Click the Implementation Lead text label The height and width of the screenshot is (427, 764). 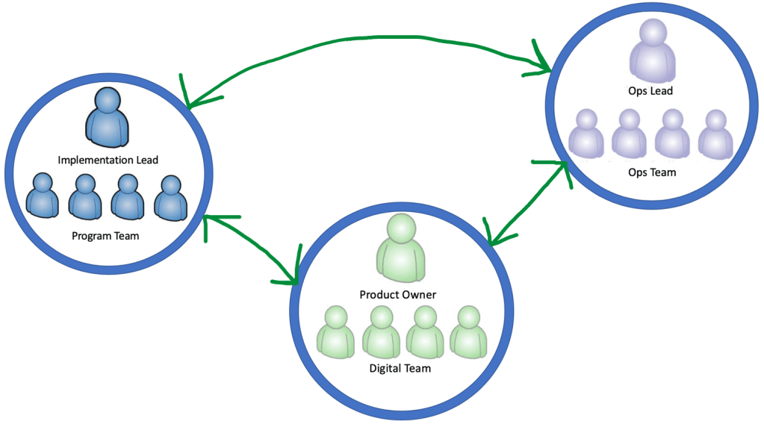pos(108,160)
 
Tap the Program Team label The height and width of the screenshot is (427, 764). pos(105,236)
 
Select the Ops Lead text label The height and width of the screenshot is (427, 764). pos(650,91)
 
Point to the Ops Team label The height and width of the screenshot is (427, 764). pos(651,172)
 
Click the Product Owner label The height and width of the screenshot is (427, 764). pos(397,294)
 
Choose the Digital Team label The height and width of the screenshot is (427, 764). pos(400,368)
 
